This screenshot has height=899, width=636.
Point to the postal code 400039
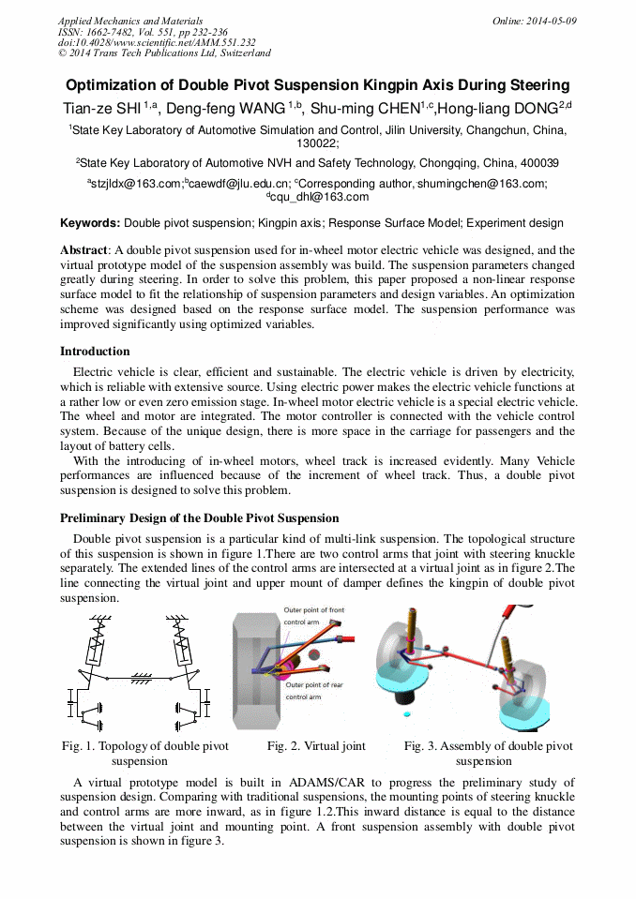(533, 162)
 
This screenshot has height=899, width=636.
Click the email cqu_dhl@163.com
(318, 197)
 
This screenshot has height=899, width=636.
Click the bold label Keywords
(90, 223)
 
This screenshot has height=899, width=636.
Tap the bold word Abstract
(84, 250)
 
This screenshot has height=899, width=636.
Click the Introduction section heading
(95, 352)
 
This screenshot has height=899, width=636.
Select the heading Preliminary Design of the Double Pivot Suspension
(199, 518)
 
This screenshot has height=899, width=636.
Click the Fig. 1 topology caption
(144, 754)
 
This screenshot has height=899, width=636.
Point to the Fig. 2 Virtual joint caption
(316, 746)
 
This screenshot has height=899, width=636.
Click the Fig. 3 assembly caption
(488, 754)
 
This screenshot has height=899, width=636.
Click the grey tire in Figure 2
(253, 656)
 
